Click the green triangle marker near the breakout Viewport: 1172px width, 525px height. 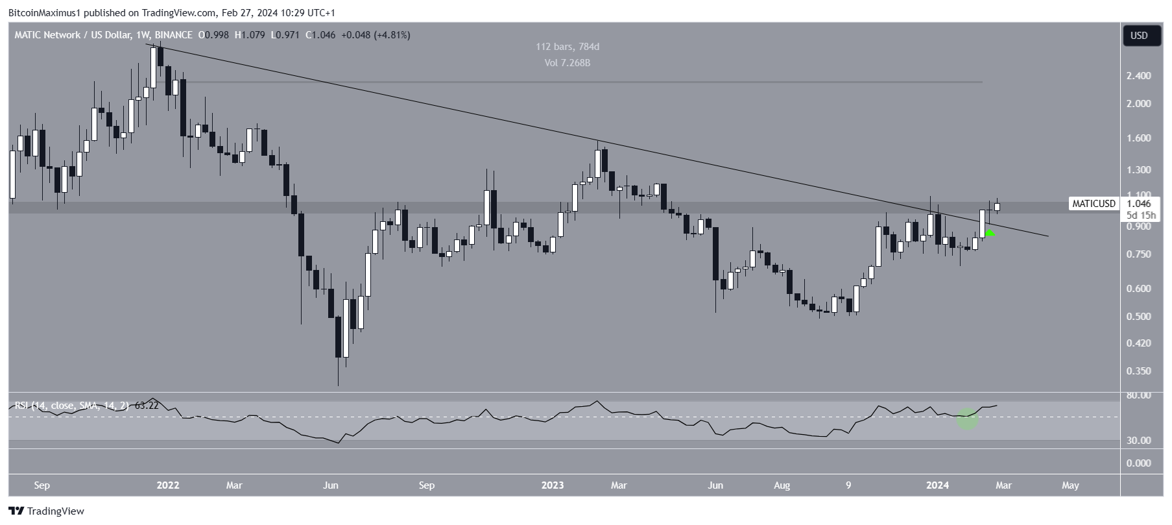tap(990, 232)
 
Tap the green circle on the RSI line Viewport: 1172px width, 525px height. tap(968, 419)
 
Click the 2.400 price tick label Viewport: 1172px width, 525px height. tap(1139, 76)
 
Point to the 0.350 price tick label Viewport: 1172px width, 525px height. tap(1139, 371)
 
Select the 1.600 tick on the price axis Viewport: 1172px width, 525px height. tap(1139, 138)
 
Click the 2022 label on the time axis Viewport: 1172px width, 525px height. tap(168, 485)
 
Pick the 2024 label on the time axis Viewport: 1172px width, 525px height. tap(937, 485)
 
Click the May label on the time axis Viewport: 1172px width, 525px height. tap(1070, 485)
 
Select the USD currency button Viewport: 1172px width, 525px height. tap(1139, 36)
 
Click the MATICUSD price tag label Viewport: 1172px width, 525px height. tap(1094, 204)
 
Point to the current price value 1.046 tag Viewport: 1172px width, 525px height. tap(1139, 204)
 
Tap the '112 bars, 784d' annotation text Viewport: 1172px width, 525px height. tap(568, 47)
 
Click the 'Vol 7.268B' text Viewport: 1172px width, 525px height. tap(568, 63)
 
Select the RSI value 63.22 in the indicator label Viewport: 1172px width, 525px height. tap(146, 406)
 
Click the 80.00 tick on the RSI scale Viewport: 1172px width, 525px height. tap(1139, 395)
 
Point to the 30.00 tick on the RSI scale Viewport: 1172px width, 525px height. tap(1139, 441)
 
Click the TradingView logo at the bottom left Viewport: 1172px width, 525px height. tap(47, 511)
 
